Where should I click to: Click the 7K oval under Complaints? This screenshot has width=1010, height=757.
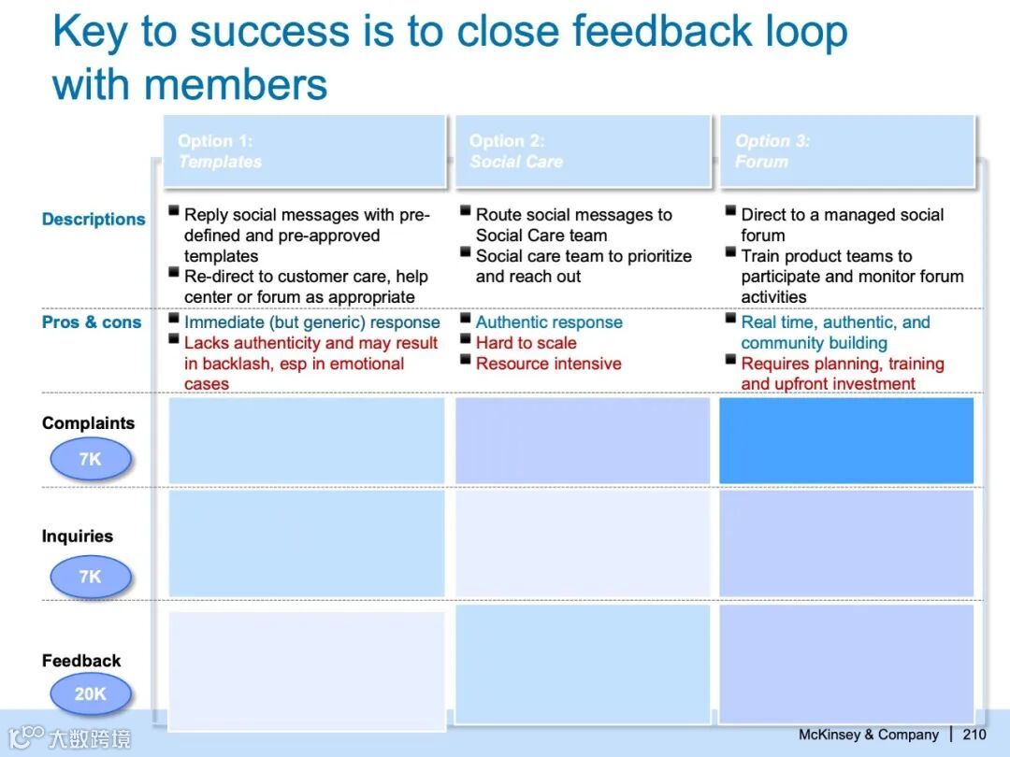coord(91,459)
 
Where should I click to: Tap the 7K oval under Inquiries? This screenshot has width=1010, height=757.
coord(91,576)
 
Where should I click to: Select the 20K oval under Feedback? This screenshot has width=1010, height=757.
coord(91,693)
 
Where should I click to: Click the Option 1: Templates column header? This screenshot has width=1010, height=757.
coord(305,152)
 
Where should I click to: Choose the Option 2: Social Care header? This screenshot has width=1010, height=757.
coord(584,152)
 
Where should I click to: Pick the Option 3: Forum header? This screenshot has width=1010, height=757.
coord(847,152)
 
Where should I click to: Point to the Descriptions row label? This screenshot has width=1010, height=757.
coord(94,220)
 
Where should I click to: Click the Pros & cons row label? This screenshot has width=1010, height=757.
coord(92,321)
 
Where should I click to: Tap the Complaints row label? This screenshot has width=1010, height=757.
coord(88,423)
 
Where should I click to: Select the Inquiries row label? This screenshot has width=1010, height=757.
coord(78,536)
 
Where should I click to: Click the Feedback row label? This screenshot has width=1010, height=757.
coord(81,661)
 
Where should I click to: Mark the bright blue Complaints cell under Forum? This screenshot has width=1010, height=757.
coord(846,440)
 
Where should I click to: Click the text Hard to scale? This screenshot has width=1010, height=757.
coord(527,343)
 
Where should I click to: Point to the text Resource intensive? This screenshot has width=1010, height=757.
coord(549,364)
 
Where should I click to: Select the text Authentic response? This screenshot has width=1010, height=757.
coord(550,322)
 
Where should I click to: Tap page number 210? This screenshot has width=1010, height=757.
coord(974,735)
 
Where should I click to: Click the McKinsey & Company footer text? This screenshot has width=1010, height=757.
coord(868,735)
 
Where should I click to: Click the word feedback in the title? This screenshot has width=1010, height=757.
coord(662,31)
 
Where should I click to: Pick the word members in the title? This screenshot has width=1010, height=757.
coord(236,85)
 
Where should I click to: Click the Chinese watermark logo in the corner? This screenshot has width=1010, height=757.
coord(69,737)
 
